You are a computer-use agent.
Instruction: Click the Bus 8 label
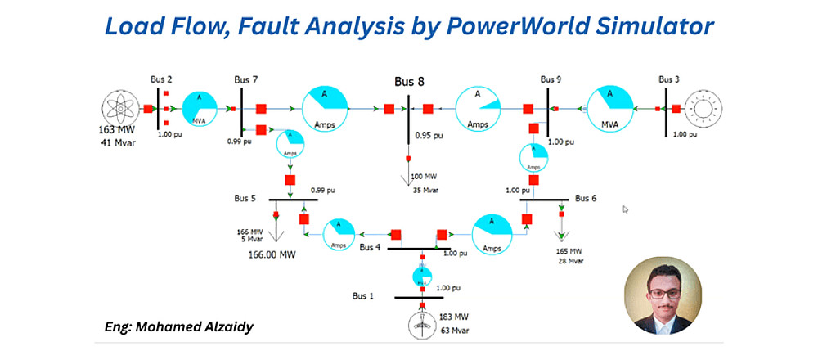pos(409,81)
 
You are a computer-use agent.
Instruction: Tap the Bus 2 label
pos(161,79)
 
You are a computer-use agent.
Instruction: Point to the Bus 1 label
pos(363,295)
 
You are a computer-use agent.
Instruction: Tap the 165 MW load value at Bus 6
pos(569,250)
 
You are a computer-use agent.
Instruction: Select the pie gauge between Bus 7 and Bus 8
pos(326,107)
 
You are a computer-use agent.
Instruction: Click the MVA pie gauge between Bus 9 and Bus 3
pos(611,107)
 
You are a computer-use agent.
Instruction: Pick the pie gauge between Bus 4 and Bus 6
pos(494,235)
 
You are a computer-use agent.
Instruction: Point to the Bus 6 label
pos(586,198)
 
